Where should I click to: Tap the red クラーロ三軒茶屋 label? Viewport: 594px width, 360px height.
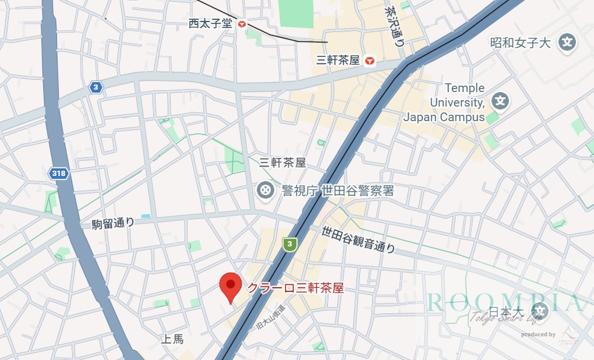[x=295, y=288]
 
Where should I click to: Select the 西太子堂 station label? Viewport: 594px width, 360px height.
[x=210, y=24]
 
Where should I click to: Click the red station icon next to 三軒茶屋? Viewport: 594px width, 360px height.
[x=369, y=61]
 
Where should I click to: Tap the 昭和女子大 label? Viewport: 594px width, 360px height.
[x=521, y=43]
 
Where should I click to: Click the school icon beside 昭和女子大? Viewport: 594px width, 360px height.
[x=567, y=42]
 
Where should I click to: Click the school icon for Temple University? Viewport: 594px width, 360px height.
[x=499, y=101]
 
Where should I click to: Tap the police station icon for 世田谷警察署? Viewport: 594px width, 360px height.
[x=266, y=190]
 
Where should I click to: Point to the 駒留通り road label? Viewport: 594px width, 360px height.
[x=113, y=223]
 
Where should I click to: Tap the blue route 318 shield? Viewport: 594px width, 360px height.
[x=58, y=174]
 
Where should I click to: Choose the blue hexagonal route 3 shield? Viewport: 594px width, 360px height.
[x=96, y=88]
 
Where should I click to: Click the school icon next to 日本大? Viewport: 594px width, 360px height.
[x=540, y=312]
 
